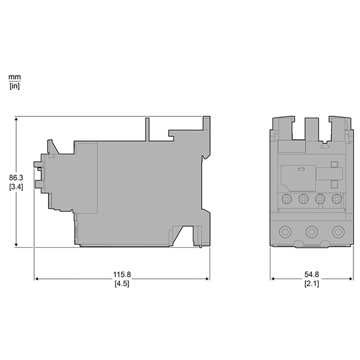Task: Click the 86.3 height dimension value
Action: coord(16,178)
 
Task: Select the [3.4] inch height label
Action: coord(16,187)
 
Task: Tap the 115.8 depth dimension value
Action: coord(122,274)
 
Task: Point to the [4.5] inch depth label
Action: coord(122,284)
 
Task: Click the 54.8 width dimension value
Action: coord(311,274)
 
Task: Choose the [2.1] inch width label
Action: coord(311,284)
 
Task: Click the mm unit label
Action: coord(14,77)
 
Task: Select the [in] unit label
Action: coord(14,86)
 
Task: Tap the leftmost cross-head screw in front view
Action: coord(287,199)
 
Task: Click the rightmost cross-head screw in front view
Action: coord(337,199)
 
